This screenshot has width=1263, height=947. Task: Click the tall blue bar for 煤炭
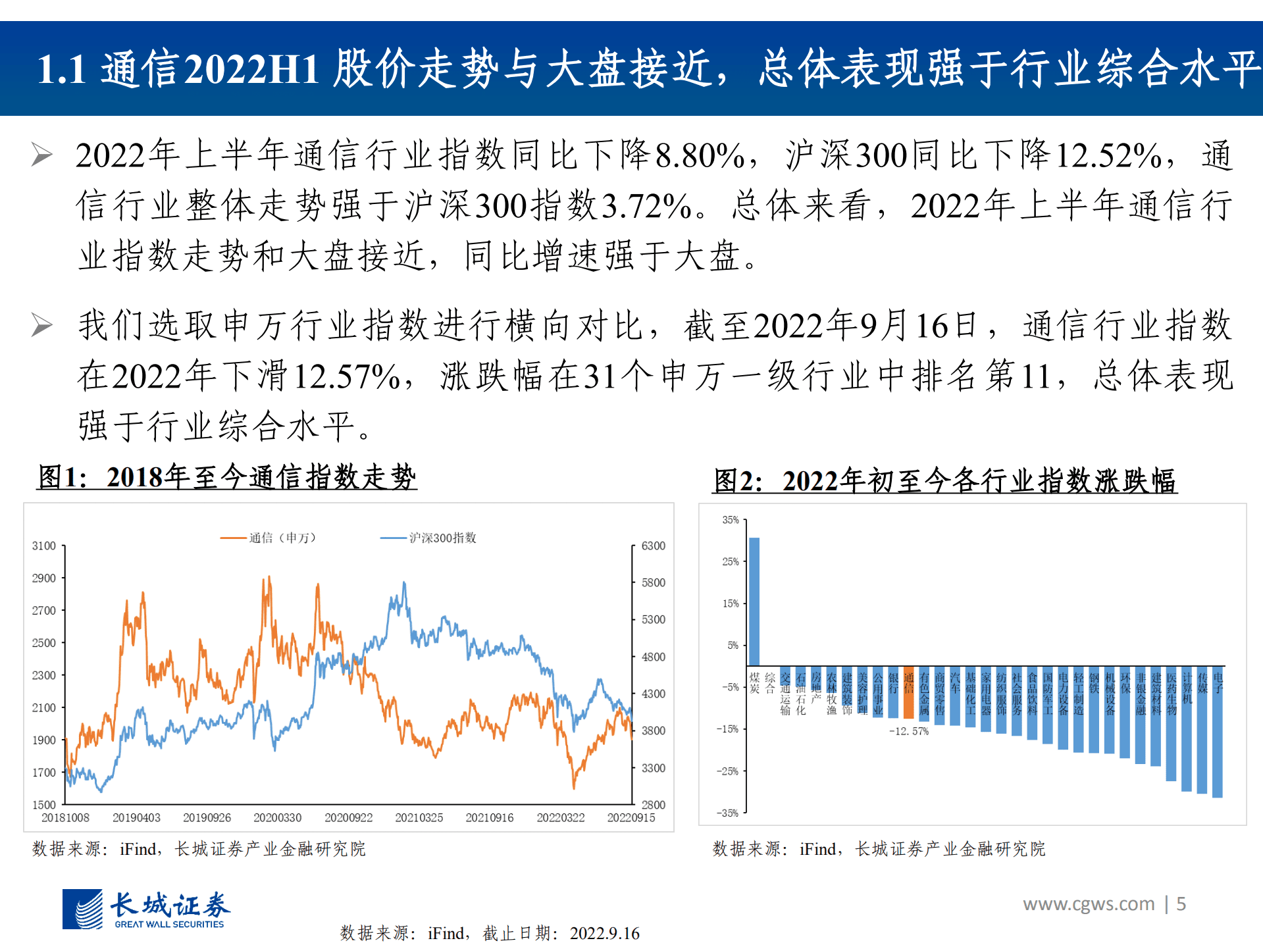click(x=754, y=601)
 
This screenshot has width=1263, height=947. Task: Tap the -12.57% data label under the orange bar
click(x=908, y=731)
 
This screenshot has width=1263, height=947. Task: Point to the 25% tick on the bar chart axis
click(x=731, y=561)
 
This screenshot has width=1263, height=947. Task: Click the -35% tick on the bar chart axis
click(x=728, y=813)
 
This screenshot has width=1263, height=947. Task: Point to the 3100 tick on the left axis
click(x=43, y=546)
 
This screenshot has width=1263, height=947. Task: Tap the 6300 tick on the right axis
click(x=653, y=546)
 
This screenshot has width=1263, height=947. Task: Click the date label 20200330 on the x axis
click(x=277, y=817)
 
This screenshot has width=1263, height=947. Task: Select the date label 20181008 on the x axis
click(x=65, y=817)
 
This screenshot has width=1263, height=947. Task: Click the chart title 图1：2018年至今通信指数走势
click(x=227, y=477)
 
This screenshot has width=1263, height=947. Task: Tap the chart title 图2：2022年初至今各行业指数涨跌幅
click(x=945, y=481)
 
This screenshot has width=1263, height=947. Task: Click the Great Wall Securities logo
click(x=146, y=909)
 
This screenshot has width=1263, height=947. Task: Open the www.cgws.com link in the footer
click(x=1088, y=904)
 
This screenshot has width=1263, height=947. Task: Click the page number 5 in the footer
click(x=1181, y=904)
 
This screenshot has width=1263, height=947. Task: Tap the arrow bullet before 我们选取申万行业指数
click(x=41, y=325)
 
